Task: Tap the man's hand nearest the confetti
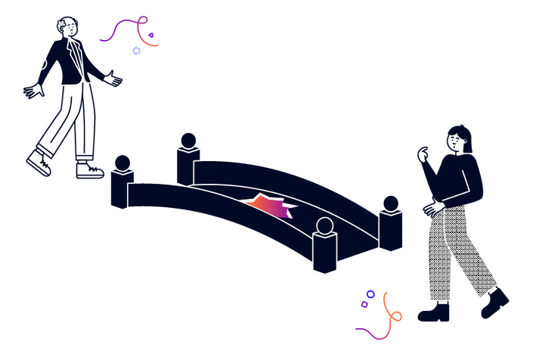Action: tap(113, 78)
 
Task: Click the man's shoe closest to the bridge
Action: tap(89, 169)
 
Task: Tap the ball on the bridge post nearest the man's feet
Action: tap(122, 163)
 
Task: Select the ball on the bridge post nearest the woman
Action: tap(391, 203)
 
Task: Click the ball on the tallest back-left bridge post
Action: tap(187, 140)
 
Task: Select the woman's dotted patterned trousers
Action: tap(454, 250)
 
